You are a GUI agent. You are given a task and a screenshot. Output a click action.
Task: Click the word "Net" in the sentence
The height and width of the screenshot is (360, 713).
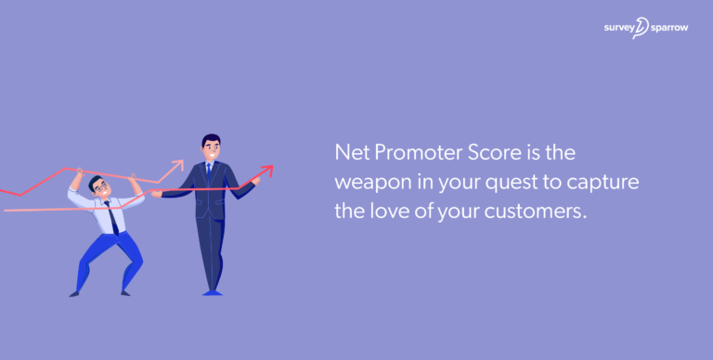351,151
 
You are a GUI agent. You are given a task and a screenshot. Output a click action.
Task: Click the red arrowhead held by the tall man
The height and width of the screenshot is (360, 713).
267,170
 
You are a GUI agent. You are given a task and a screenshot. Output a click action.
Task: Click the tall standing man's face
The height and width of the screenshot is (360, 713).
211,148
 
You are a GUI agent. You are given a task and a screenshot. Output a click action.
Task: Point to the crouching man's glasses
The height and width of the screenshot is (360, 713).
100,186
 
